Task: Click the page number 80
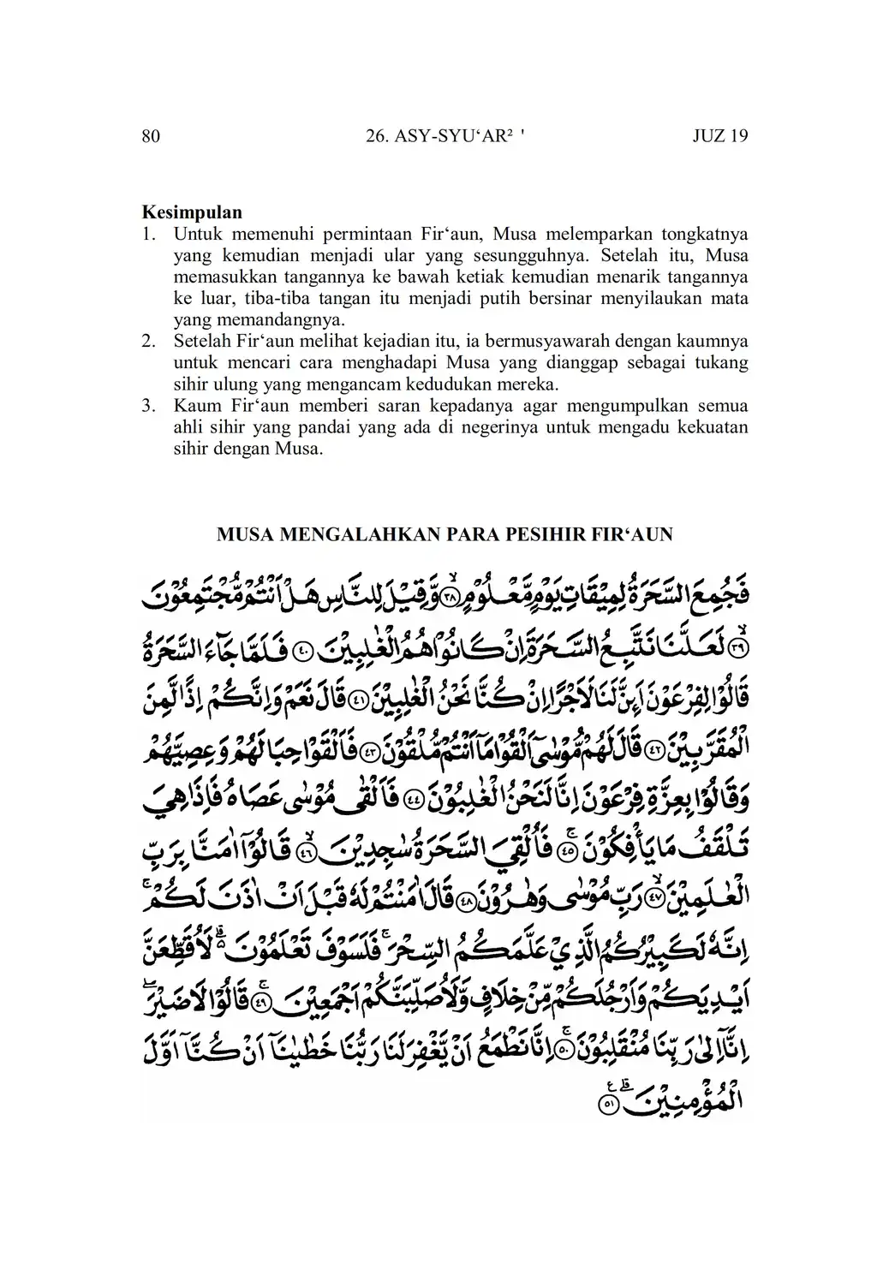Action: coord(150,136)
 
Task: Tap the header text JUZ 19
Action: coord(719,136)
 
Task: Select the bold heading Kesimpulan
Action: coord(192,212)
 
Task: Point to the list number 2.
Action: coord(148,341)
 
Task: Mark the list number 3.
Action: coord(148,405)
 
